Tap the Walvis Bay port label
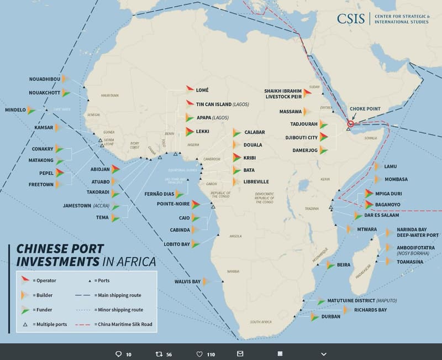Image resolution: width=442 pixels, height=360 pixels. (188, 281)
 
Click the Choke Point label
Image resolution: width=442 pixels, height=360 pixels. (365, 109)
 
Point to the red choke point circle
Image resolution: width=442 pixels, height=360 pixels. (350, 124)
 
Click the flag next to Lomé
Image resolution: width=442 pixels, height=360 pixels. (190, 89)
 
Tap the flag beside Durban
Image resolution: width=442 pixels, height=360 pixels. (314, 317)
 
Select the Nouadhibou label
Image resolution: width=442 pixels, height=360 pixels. (44, 79)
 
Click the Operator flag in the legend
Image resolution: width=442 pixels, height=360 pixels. (24, 280)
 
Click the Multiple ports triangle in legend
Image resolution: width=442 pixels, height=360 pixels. (24, 324)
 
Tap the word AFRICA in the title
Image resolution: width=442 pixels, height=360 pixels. (133, 262)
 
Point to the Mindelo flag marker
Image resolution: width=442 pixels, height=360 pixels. (31, 110)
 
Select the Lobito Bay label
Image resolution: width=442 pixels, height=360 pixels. (176, 244)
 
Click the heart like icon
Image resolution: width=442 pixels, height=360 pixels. (200, 354)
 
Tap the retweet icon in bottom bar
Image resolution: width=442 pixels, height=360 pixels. (158, 354)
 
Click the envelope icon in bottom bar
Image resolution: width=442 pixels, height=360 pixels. (240, 353)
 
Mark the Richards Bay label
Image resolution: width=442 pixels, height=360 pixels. (370, 310)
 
